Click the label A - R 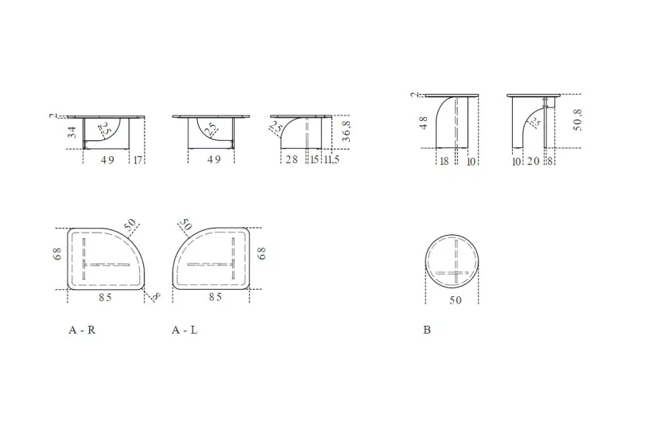pos(82,330)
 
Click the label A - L pos(184,330)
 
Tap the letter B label pos(427,330)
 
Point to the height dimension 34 pos(72,131)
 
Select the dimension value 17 pos(139,160)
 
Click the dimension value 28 pos(292,160)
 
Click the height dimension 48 pos(423,122)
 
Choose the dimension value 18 pos(444,162)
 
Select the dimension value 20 pos(532,162)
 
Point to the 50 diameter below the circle pos(455,301)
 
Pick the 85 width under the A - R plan pos(105,297)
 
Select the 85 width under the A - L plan pos(214,297)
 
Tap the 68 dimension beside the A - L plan pos(262,253)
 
